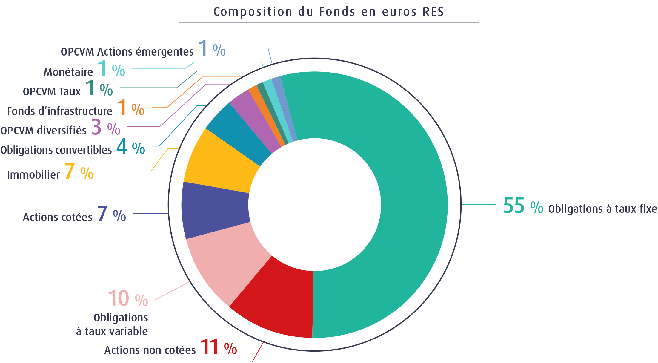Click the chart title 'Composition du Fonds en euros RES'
point(329,12)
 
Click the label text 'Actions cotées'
point(58,218)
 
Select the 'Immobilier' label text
point(33,175)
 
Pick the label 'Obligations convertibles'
point(56,150)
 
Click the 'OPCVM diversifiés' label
point(44,131)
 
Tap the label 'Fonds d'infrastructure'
point(60,111)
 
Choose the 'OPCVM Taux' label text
point(52,91)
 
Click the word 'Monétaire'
point(68,72)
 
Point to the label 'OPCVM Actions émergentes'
point(127,52)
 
